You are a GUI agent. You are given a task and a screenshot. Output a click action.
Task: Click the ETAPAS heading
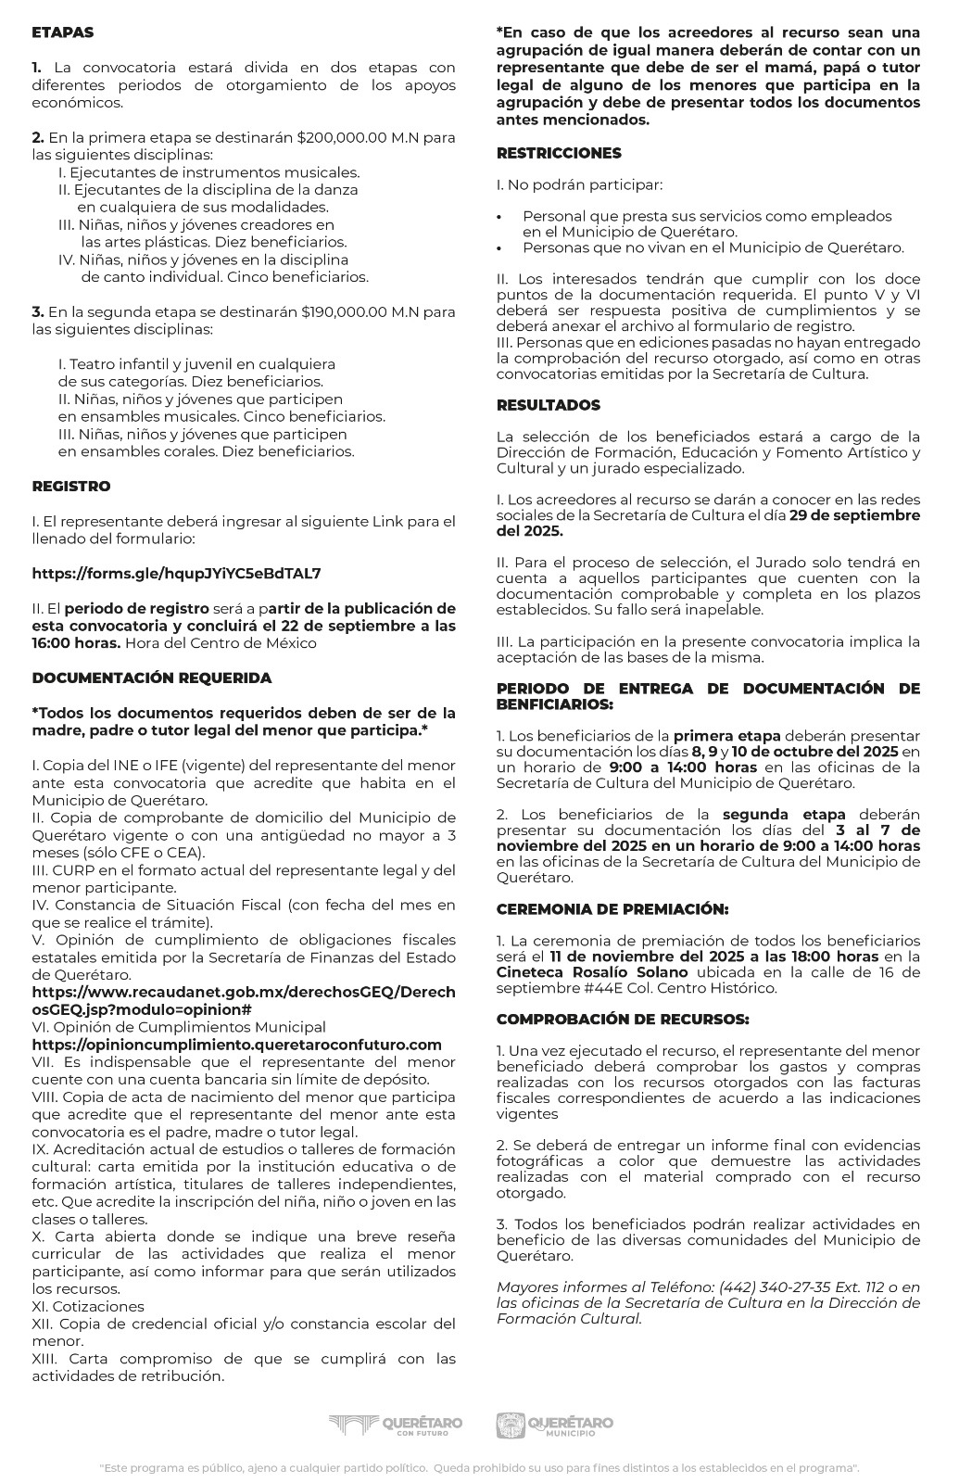(62, 32)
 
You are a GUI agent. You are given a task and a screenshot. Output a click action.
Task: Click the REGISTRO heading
(70, 486)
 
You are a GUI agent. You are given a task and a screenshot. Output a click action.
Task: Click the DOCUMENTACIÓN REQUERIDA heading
(152, 678)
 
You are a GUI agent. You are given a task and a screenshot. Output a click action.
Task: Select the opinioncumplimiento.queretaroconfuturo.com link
(236, 1045)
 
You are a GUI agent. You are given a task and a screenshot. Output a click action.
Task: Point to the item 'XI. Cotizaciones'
(88, 1306)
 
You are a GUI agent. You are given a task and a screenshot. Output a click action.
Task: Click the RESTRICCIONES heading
(559, 153)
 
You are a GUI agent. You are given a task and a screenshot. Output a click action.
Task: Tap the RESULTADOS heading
(548, 405)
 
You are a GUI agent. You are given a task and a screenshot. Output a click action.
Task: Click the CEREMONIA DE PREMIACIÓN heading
(612, 909)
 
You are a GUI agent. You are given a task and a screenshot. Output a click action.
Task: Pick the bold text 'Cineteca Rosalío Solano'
(591, 972)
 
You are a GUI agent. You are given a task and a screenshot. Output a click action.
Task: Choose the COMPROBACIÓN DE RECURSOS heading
(622, 1019)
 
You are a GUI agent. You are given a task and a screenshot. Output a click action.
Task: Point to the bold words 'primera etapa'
(726, 735)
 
